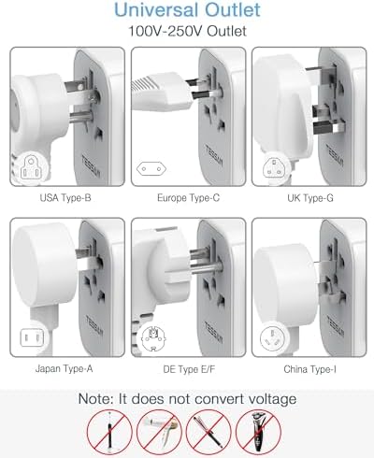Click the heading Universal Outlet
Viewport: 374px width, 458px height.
[187, 12]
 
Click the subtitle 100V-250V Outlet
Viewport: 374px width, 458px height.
[187, 32]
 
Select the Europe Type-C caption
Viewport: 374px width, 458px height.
[186, 198]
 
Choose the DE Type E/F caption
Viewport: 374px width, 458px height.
[186, 370]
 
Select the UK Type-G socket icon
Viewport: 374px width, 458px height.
[272, 169]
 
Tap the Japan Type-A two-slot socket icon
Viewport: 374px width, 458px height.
[29, 338]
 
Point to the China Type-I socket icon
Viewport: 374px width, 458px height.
[272, 338]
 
